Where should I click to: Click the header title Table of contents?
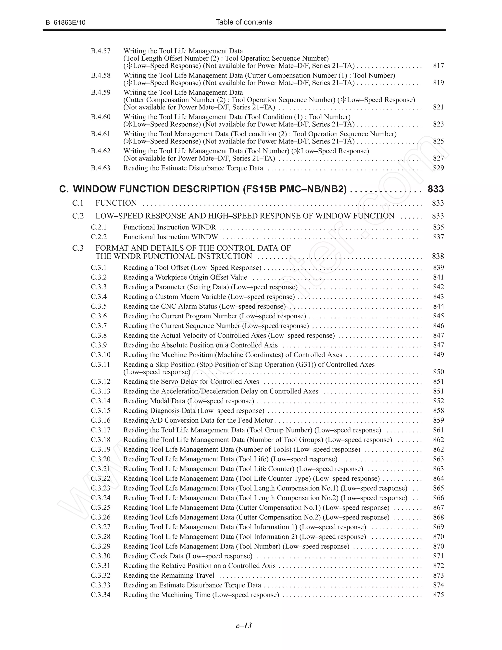[244, 22]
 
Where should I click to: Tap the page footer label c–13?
[244, 626]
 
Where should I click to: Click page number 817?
[438, 65]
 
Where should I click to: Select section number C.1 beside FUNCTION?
[78, 203]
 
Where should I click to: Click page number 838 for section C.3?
[438, 256]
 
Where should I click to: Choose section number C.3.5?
[99, 306]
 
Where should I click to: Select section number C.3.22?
[100, 479]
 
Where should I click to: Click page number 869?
[438, 527]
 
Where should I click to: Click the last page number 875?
[438, 595]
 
